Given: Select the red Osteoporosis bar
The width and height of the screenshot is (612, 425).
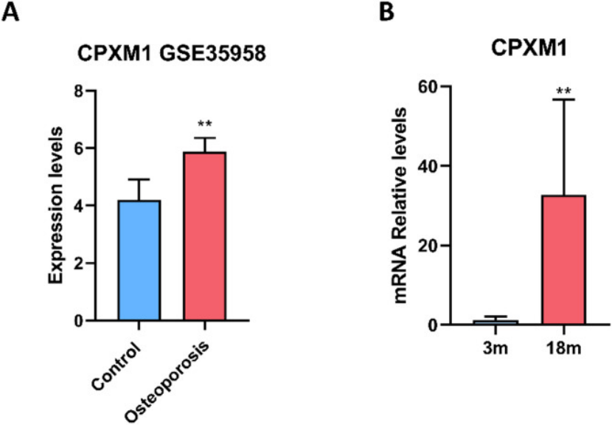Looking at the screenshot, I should coord(205,236).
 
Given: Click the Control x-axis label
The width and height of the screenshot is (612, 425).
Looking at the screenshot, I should coord(119,366).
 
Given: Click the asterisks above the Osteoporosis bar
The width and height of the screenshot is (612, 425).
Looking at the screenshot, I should coord(205,123).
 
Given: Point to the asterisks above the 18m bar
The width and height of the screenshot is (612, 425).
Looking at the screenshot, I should coord(563,91).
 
